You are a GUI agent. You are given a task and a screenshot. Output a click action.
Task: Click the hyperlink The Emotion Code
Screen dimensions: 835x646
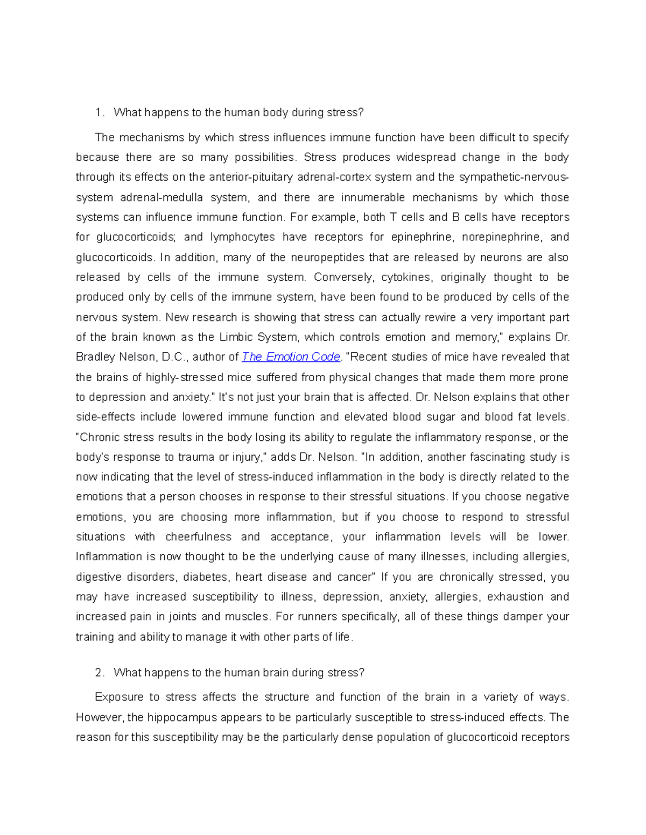point(291,357)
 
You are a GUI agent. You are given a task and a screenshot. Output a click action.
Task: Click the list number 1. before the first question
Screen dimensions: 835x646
point(99,112)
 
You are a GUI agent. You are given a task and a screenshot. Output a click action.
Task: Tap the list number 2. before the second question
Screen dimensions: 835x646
point(99,673)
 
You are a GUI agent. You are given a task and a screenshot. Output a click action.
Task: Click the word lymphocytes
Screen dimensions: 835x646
point(242,237)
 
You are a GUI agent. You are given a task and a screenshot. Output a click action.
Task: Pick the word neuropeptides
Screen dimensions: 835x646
point(327,257)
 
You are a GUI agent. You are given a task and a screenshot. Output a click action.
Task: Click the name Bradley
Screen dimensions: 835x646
point(96,357)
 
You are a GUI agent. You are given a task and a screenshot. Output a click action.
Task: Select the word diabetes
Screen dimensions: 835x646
point(205,577)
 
